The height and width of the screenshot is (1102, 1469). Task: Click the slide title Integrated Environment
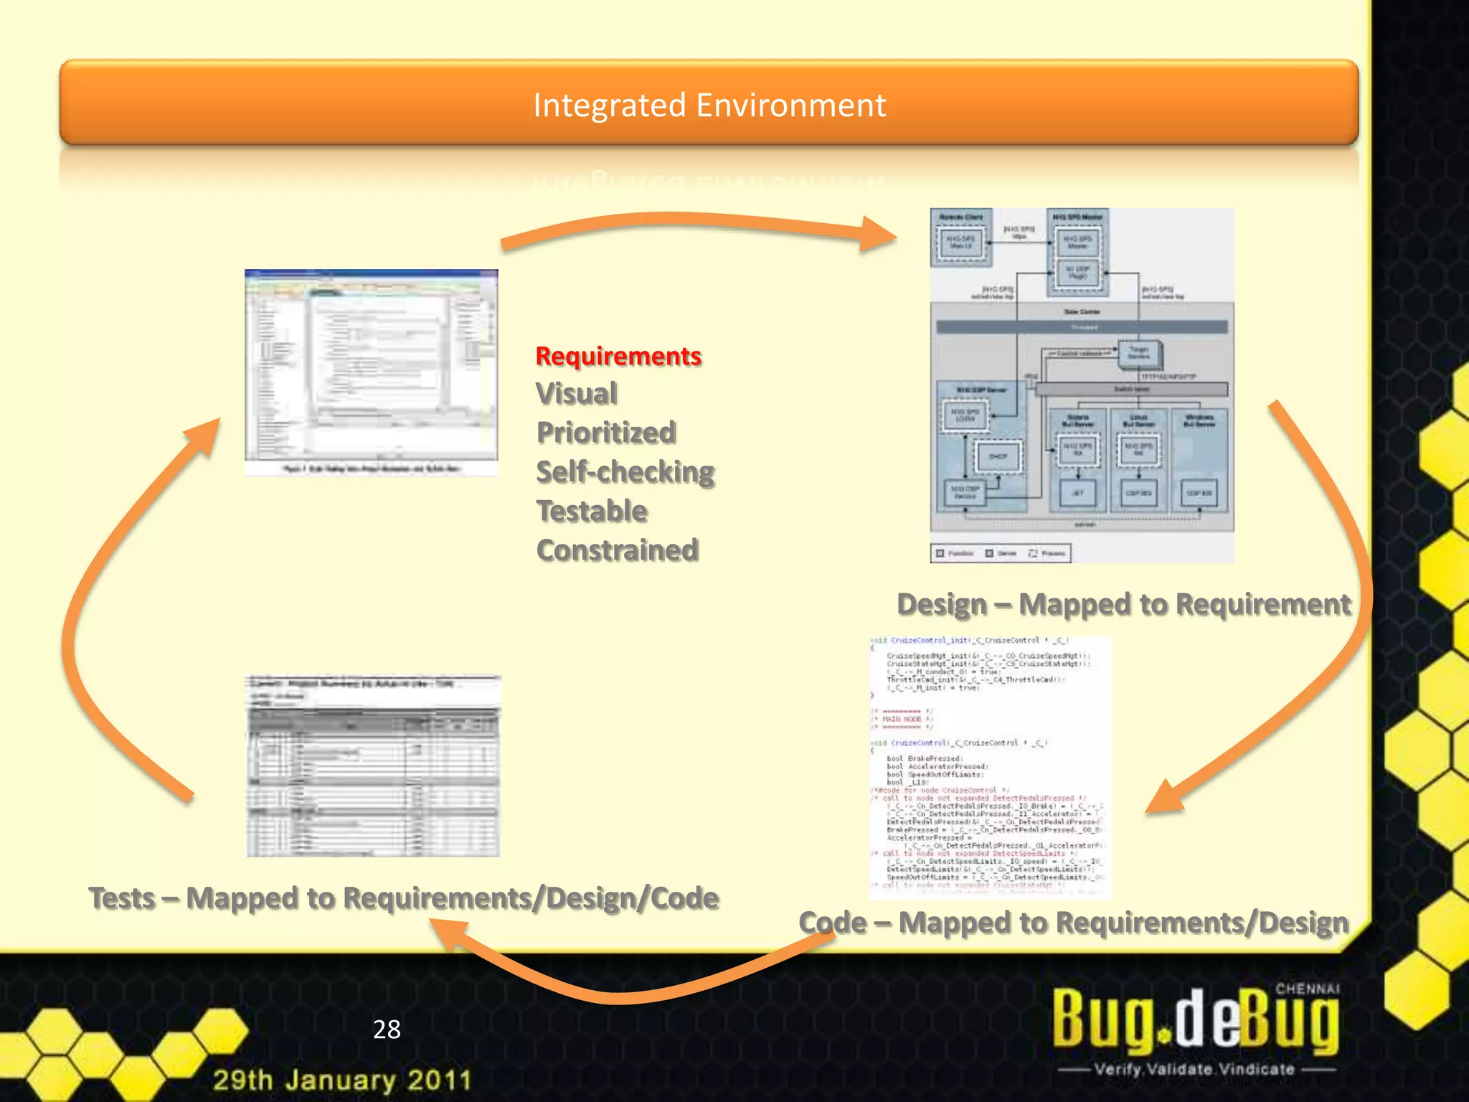(709, 105)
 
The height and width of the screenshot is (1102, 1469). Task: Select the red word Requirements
(618, 356)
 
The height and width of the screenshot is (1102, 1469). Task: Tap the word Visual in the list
(577, 394)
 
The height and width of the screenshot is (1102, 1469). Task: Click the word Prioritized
(607, 433)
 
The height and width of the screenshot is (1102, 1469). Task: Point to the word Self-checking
(625, 472)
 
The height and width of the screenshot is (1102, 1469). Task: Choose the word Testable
(592, 512)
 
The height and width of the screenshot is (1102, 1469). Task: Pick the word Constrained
(618, 550)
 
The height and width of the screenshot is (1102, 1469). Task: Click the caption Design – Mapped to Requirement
(1123, 604)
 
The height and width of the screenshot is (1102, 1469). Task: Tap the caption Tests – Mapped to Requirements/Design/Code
(404, 898)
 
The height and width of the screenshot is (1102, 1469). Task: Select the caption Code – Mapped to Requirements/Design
(1074, 923)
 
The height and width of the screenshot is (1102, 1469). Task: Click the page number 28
(387, 1030)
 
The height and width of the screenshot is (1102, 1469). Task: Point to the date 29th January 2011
(342, 1080)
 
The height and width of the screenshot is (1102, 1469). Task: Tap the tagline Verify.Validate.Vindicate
(1195, 1069)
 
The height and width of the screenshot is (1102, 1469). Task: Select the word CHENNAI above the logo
(1307, 989)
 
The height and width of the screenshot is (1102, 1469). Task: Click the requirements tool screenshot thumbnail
(371, 372)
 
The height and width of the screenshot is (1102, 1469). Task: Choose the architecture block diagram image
(1082, 385)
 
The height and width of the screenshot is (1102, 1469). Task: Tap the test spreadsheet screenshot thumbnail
(373, 766)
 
